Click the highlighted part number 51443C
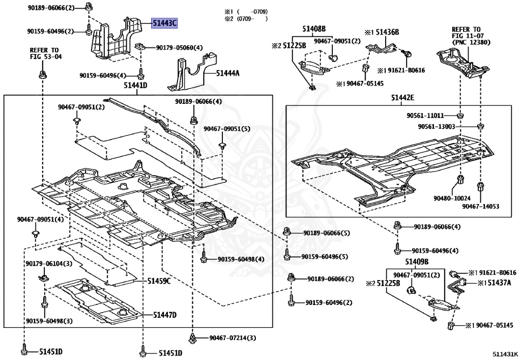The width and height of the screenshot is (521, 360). click(x=164, y=23)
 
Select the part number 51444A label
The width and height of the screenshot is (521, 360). click(x=227, y=73)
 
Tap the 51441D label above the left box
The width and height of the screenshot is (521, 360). click(x=135, y=86)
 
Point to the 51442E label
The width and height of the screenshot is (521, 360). click(x=403, y=98)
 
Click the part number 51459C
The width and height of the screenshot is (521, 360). click(x=159, y=281)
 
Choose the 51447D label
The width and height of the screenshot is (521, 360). click(x=165, y=315)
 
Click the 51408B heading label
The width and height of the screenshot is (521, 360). click(x=314, y=29)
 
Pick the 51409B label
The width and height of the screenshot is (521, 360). click(x=417, y=262)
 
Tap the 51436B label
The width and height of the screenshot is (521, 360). click(x=387, y=32)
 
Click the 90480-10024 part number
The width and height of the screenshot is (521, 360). click(x=452, y=198)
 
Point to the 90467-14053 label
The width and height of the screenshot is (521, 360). click(x=480, y=206)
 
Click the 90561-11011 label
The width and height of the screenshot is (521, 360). click(x=425, y=116)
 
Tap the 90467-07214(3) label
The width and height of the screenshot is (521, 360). click(x=233, y=338)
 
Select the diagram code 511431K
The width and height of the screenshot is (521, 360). click(x=505, y=354)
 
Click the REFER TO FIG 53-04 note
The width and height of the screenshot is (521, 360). click(x=45, y=53)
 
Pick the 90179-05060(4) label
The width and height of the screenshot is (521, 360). click(x=179, y=48)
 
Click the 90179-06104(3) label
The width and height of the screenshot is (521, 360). click(x=49, y=264)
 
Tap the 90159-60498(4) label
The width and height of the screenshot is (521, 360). click(x=241, y=259)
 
